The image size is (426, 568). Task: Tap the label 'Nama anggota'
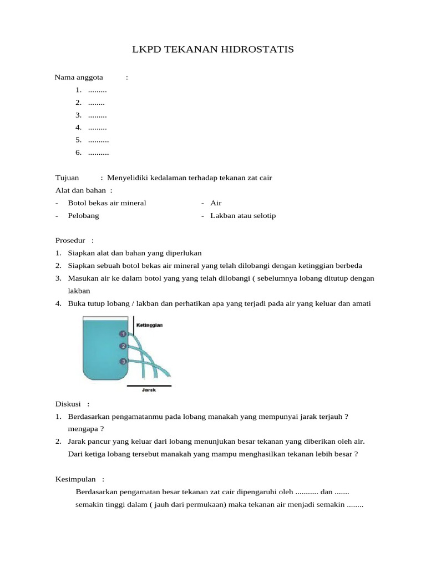point(75,77)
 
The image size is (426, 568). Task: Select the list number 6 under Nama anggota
point(79,153)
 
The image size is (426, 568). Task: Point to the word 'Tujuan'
point(67,178)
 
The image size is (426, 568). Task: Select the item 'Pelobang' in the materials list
point(83,216)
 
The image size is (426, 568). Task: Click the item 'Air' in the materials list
point(216,203)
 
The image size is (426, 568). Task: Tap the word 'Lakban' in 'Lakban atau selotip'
point(222,216)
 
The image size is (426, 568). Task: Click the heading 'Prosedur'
point(70,240)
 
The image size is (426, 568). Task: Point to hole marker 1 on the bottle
point(123,334)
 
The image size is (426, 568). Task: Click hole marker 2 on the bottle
point(123,347)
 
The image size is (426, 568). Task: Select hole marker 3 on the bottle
point(123,362)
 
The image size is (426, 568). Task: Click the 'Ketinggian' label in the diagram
point(148,325)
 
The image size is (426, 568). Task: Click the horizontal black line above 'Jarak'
point(149,385)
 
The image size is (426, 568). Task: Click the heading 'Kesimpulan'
point(75,479)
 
